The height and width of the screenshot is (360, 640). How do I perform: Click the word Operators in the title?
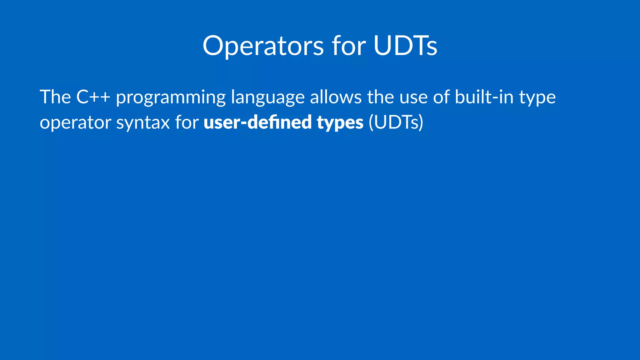pyautogui.click(x=263, y=46)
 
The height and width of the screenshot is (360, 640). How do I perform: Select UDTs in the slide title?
pyautogui.click(x=405, y=46)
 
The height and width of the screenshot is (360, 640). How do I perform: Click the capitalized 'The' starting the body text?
pyautogui.click(x=55, y=97)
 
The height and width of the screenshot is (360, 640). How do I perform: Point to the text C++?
pyautogui.click(x=93, y=97)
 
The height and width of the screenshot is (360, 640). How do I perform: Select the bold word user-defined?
pyautogui.click(x=257, y=122)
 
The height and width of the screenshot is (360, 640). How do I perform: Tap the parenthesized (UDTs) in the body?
pyautogui.click(x=396, y=122)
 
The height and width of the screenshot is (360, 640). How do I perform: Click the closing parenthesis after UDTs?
pyautogui.click(x=421, y=122)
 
